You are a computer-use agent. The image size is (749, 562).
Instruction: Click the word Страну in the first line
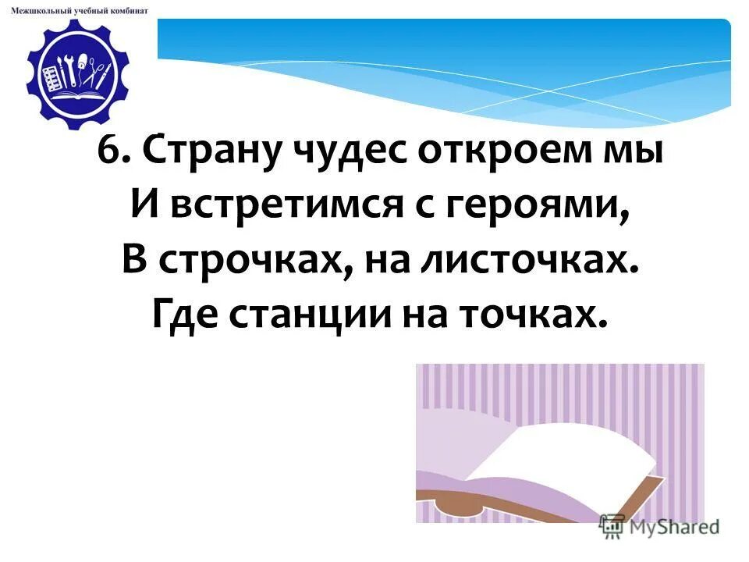tap(205, 150)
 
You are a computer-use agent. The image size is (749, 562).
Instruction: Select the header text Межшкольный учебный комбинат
tap(80, 10)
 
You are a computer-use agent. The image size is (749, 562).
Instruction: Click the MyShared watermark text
tap(672, 527)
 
